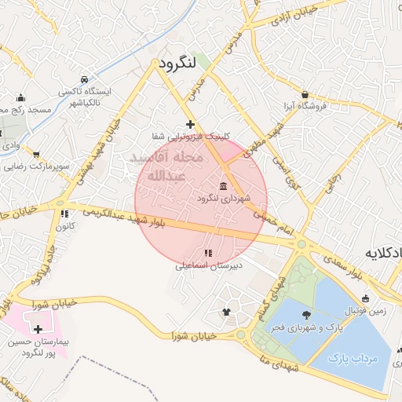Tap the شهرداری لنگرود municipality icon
click(225, 186)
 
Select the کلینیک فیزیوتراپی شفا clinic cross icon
click(190, 124)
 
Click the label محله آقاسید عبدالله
click(168, 166)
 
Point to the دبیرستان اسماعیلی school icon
click(208, 254)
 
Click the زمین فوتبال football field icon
click(366, 299)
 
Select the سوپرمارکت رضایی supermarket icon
click(35, 155)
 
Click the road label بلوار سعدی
click(366, 276)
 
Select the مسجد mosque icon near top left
click(20, 99)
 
